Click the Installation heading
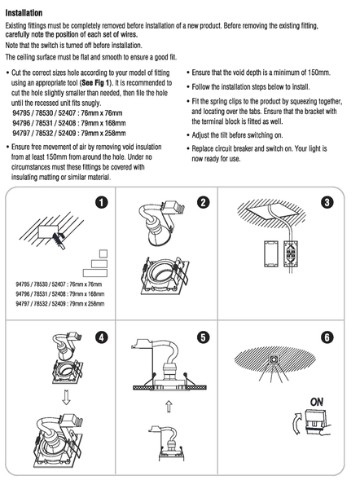coord(24,13)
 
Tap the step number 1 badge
coord(101,202)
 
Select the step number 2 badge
coord(204,202)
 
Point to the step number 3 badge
coord(327,202)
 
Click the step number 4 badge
coord(101,337)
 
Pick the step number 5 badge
coord(204,337)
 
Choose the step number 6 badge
coord(327,337)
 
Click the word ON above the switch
coord(316,402)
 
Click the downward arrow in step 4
coord(66,397)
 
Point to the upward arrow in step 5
coord(169,407)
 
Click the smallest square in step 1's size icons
coord(103,253)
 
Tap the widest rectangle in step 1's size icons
coord(95,273)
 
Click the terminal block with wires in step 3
coord(291,253)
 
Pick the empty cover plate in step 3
coord(270,253)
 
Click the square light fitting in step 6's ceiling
coord(274,359)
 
